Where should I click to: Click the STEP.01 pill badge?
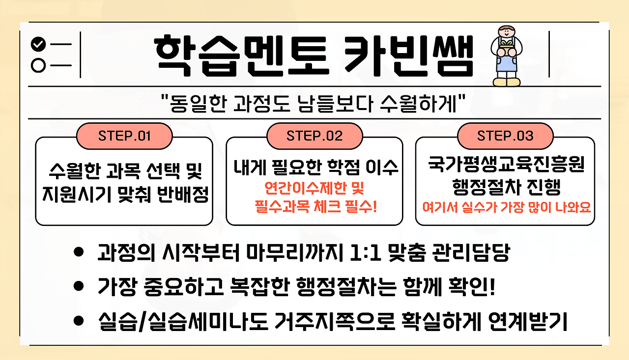(x=124, y=136)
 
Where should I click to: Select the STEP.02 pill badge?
(x=314, y=136)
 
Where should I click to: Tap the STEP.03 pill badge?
(x=505, y=136)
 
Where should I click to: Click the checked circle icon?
(x=38, y=45)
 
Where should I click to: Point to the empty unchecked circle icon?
(x=38, y=65)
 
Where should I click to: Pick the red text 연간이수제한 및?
(x=314, y=189)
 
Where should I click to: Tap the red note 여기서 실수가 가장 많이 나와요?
(x=506, y=207)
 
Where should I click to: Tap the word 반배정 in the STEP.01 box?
(x=183, y=196)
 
